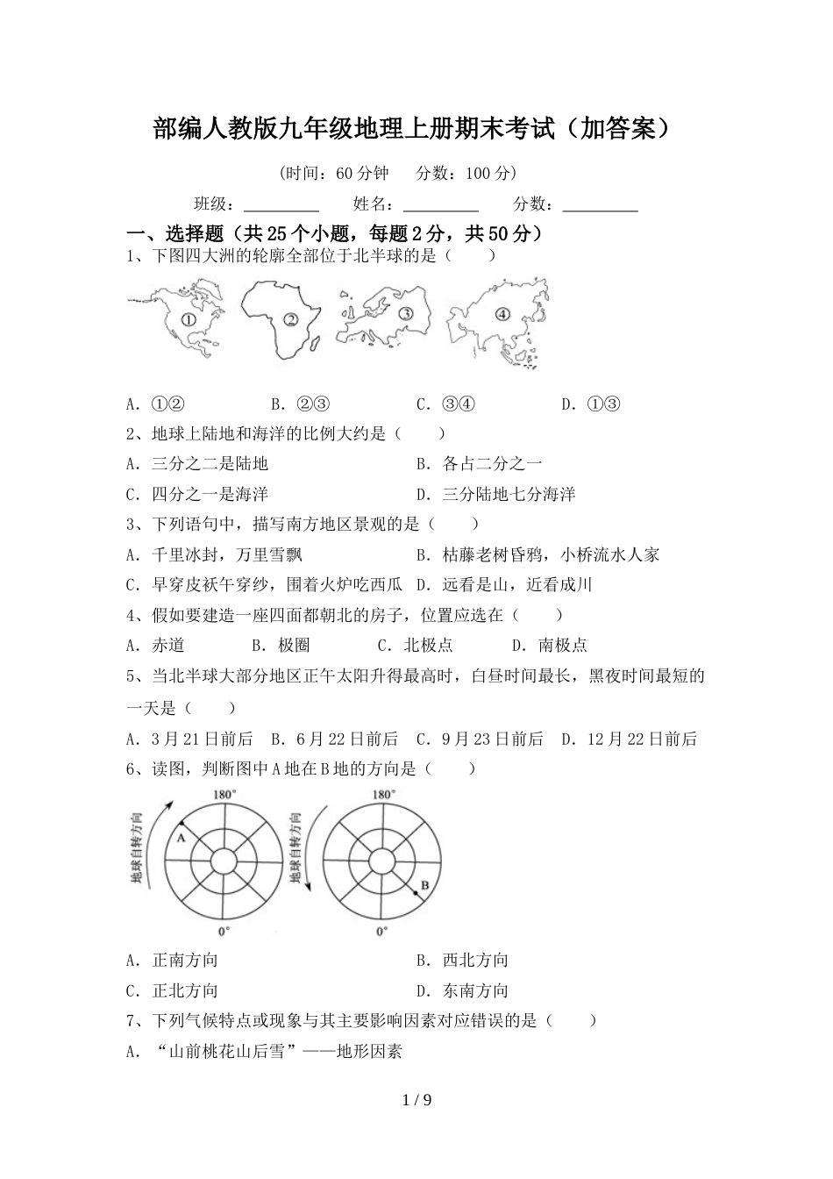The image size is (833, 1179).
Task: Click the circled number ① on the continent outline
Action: pos(189,320)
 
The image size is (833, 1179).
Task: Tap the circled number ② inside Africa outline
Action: pos(292,320)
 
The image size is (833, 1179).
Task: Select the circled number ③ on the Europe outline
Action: pos(405,313)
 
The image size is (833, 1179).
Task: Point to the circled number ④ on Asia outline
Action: pos(502,314)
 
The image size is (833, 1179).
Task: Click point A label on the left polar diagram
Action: pos(181,839)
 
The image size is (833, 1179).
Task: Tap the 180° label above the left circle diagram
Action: pos(224,795)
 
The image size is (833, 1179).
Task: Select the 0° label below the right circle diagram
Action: pos(381,932)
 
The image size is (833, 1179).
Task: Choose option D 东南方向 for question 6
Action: pos(463,990)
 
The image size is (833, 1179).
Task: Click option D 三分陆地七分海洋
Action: pos(495,494)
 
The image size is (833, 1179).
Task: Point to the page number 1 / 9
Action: pos(416,1100)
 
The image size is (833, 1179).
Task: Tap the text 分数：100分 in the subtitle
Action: pos(466,173)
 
